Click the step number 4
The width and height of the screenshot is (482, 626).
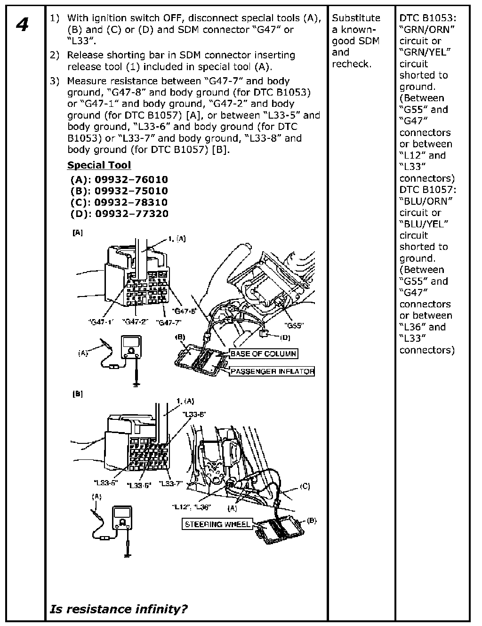coord(22,24)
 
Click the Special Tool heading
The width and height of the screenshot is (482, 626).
coord(99,165)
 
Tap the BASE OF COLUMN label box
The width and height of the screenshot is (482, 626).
coord(264,353)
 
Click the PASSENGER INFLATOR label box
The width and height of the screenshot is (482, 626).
coord(273,371)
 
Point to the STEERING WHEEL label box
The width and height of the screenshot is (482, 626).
coord(217,524)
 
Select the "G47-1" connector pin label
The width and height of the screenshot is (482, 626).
coord(101,322)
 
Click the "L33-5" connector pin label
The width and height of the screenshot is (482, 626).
coord(105,482)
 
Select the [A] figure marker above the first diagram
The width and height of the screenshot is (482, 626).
coord(78,233)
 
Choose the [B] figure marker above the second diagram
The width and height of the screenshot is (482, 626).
coord(78,394)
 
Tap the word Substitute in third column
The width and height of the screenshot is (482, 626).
coord(356,18)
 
